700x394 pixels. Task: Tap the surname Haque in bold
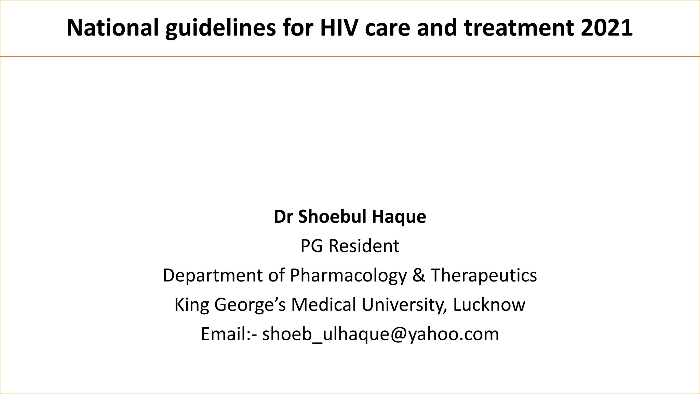point(399,217)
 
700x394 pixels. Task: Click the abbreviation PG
point(311,246)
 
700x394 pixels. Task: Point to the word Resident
point(364,246)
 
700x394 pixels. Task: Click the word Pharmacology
point(348,275)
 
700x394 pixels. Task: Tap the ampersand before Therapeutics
point(418,275)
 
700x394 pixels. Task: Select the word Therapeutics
point(484,275)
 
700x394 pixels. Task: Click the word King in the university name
point(191,305)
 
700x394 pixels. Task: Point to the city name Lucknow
point(489,305)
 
